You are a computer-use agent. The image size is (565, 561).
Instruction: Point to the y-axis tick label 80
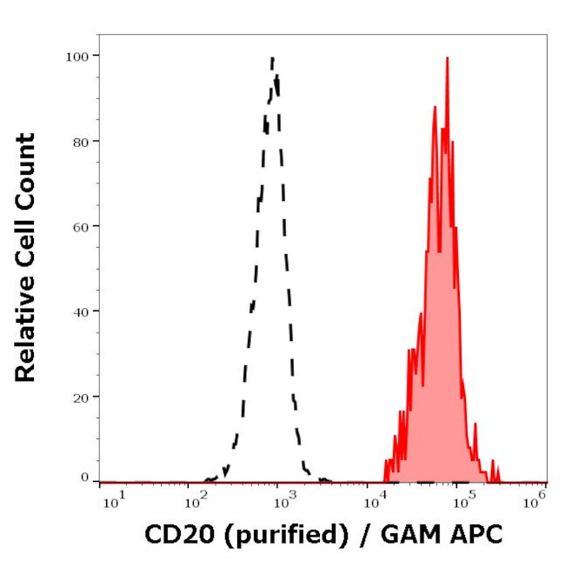79,141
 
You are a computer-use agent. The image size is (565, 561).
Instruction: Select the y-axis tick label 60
79,226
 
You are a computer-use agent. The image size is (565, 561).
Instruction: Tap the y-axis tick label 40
79,311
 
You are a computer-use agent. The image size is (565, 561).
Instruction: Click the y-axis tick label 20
79,397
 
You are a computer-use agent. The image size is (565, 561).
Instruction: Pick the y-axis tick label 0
83,477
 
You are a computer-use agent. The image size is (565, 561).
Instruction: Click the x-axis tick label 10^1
112,499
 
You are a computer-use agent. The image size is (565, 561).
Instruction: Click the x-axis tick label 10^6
535,497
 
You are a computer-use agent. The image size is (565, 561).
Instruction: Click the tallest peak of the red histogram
448,59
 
